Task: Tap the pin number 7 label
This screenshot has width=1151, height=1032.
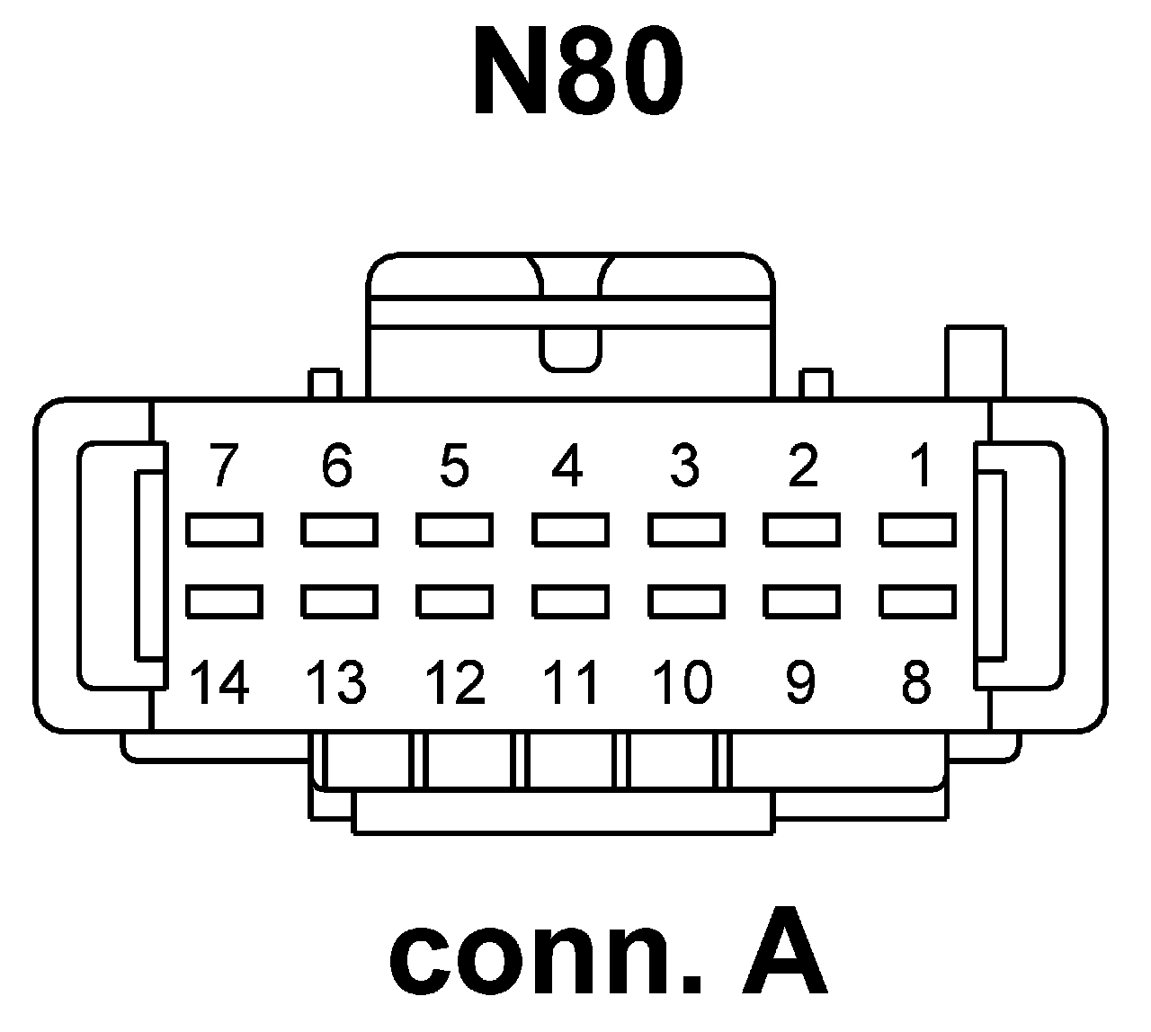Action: pos(224,467)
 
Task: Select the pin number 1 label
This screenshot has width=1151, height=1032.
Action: pos(919,467)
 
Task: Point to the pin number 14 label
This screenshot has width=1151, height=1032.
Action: pos(220,682)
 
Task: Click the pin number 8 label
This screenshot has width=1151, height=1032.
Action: pos(915,682)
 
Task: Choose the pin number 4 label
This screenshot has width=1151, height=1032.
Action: pos(567,467)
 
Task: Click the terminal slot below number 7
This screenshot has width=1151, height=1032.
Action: pos(224,529)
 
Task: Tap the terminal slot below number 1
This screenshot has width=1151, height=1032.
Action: pos(917,529)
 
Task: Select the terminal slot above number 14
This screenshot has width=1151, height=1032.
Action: pos(224,601)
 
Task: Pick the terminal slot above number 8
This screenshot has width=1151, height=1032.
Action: pos(917,601)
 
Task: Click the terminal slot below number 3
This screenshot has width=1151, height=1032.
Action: pos(686,529)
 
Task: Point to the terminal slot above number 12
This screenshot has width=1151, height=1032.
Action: pos(454,601)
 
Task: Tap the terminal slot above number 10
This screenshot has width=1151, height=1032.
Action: pos(686,601)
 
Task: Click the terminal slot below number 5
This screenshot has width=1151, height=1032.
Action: pos(454,529)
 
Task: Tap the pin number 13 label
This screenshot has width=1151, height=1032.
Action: pos(336,682)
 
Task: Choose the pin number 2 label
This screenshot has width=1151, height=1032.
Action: pos(801,467)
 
